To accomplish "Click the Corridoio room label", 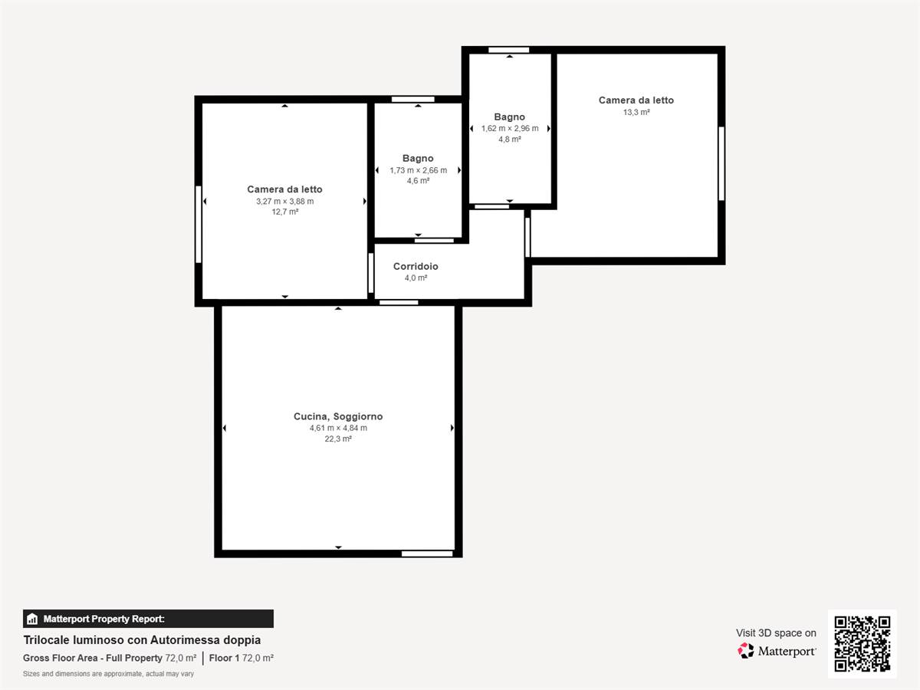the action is (416, 267).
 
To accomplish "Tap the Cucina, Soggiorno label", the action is (338, 416).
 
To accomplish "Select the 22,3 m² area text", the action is (338, 439).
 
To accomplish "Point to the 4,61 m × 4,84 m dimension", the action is (338, 428).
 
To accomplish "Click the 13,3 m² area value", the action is (636, 112).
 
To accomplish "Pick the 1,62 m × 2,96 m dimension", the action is (510, 128).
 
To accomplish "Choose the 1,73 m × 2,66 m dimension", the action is (419, 170).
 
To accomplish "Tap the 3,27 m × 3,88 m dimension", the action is (285, 201).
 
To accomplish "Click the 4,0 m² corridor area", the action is (416, 278).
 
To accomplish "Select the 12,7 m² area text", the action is (285, 212).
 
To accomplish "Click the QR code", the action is (863, 643).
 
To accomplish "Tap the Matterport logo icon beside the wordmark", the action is (746, 651).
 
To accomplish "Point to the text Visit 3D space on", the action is (776, 633).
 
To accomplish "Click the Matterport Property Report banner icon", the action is (32, 619).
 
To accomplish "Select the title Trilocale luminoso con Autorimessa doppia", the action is (142, 640).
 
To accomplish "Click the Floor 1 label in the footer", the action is (224, 658).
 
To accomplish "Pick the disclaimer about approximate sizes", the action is (109, 674).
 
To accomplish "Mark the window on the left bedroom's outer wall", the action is (199, 225).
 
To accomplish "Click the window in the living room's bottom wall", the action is (427, 554).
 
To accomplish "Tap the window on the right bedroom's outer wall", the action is (721, 164).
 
